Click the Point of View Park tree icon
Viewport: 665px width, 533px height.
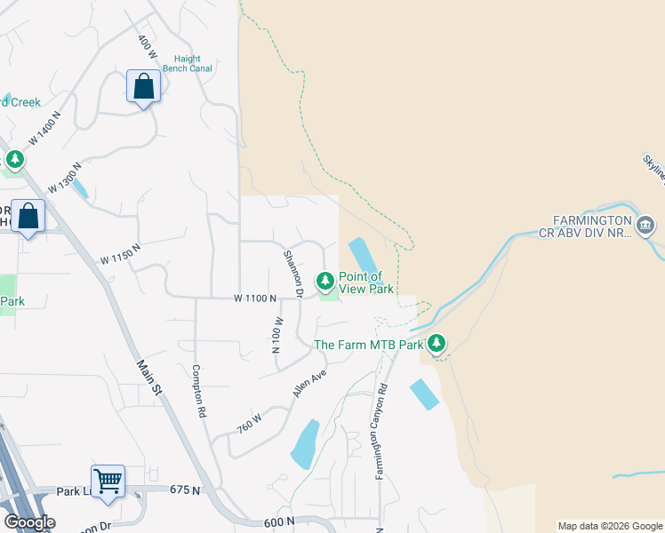[x=325, y=282]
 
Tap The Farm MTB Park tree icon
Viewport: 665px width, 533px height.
[x=436, y=343]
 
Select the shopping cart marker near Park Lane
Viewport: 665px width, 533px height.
[x=108, y=481]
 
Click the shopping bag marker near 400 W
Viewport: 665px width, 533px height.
[x=142, y=87]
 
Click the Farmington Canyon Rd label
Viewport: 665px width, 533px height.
[x=382, y=431]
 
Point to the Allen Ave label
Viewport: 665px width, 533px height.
[x=309, y=384]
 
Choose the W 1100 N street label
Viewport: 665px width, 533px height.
[x=256, y=299]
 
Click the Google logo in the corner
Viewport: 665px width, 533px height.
[x=29, y=522]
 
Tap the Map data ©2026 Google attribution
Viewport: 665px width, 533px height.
[x=610, y=526]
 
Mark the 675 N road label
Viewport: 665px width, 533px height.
[x=182, y=489]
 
